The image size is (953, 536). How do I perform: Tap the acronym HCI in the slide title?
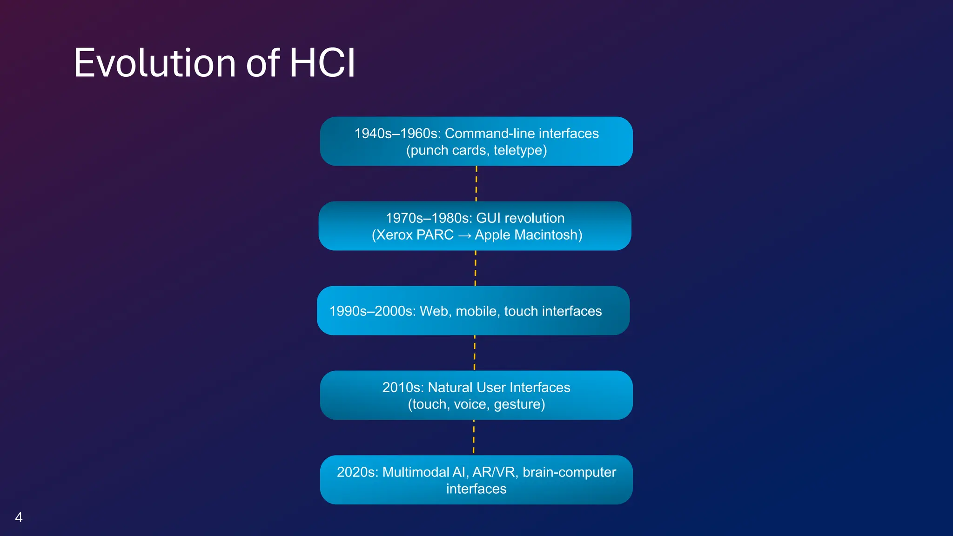[x=322, y=63]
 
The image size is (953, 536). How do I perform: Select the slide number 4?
[x=19, y=517]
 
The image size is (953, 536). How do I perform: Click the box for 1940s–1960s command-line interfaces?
[x=476, y=141]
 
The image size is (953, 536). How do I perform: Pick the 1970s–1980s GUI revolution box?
[x=475, y=226]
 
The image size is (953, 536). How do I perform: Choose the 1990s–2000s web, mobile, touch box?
[x=473, y=311]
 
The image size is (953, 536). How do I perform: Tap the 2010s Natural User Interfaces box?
[x=476, y=395]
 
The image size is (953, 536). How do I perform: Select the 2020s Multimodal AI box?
[x=476, y=480]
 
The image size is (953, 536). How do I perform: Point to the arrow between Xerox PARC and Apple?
[x=464, y=235]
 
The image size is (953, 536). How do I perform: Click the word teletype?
[x=520, y=150]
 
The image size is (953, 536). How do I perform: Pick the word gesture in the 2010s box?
[x=519, y=404]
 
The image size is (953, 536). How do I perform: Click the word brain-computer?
[x=569, y=472]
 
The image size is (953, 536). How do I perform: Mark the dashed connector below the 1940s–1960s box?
[x=476, y=184]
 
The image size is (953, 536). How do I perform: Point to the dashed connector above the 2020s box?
[x=474, y=437]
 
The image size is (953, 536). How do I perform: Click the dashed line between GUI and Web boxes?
[x=475, y=268]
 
